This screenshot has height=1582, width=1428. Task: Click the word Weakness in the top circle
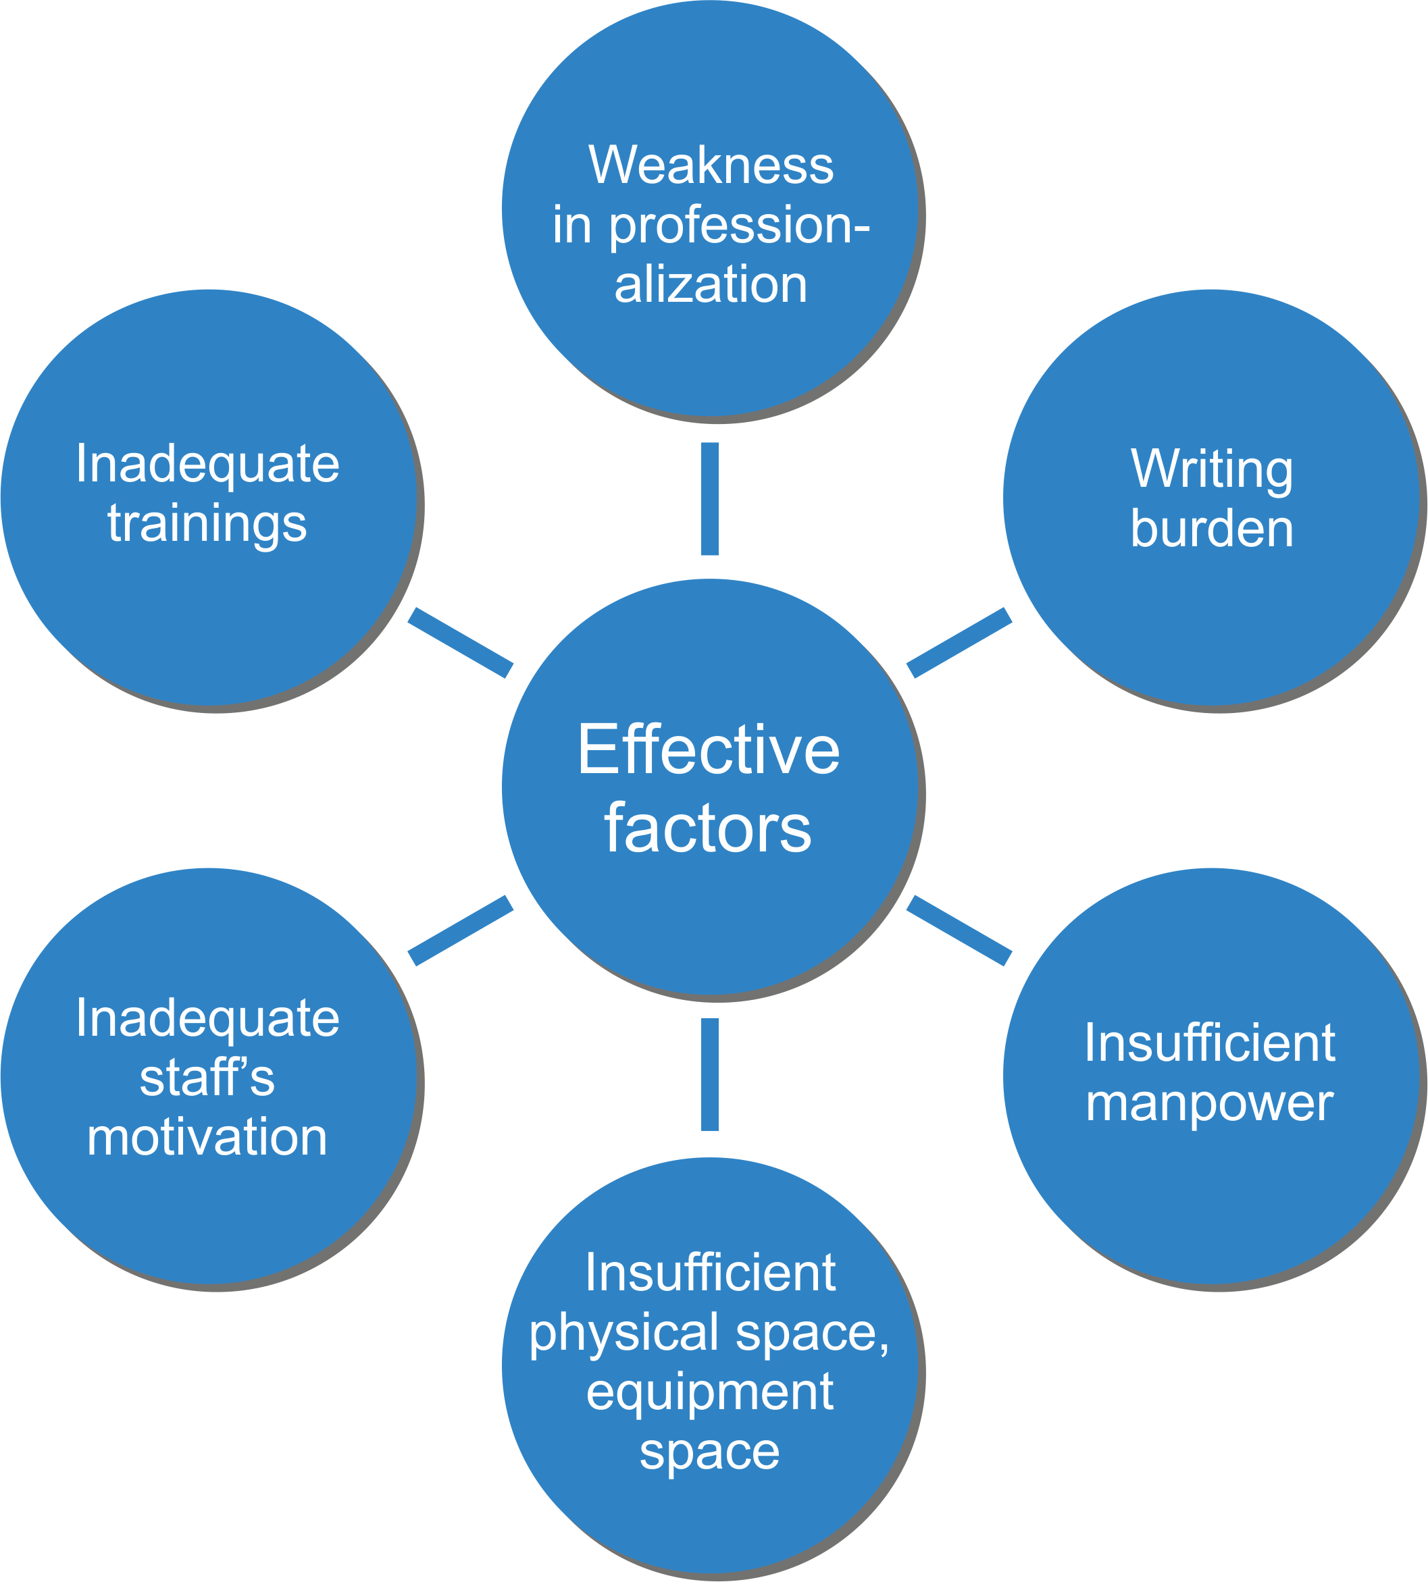(x=711, y=165)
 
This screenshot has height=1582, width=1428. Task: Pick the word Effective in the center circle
(x=709, y=750)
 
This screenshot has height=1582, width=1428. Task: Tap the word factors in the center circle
(x=708, y=829)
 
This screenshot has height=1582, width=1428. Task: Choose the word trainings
(x=207, y=524)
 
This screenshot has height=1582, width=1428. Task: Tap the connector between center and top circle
(x=710, y=499)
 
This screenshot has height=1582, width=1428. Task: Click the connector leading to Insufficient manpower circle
(x=959, y=931)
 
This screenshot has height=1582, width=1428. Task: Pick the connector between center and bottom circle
(x=710, y=1074)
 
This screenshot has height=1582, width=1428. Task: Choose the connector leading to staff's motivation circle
(x=461, y=931)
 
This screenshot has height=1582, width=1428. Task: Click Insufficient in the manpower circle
(x=1209, y=1043)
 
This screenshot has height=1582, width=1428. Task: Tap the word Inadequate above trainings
(x=207, y=465)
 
